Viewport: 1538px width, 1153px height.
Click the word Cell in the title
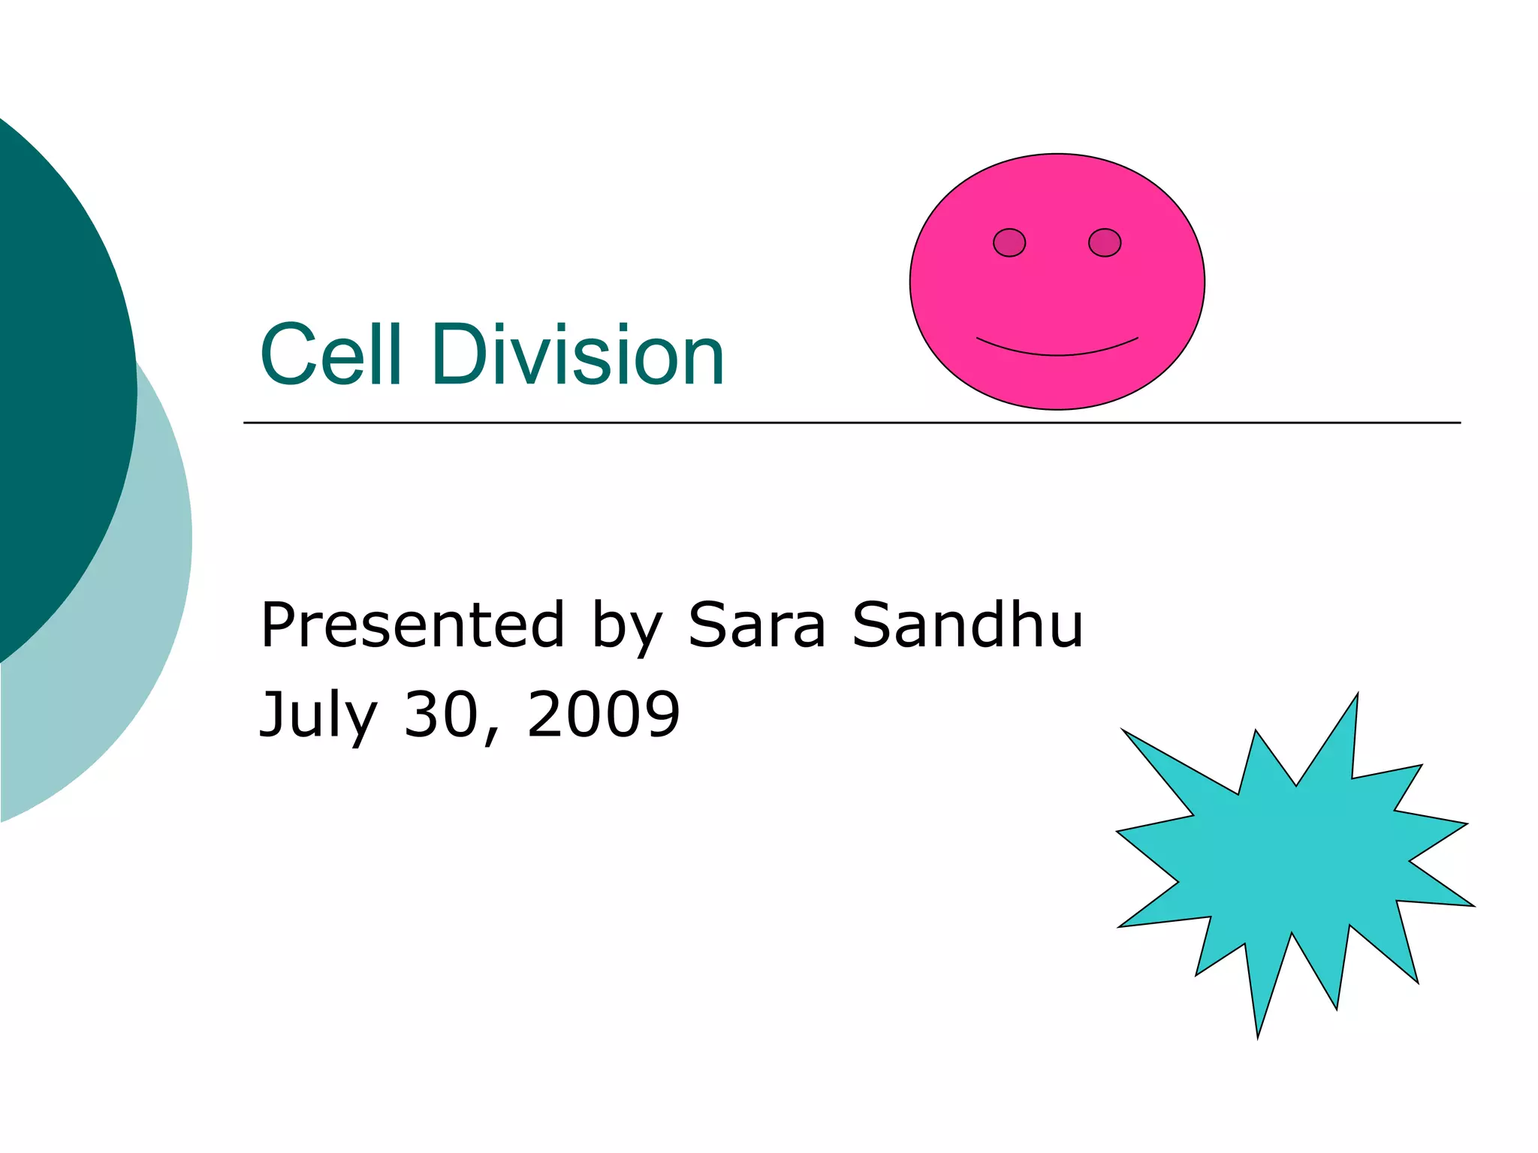(330, 354)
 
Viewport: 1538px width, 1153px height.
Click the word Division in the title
(578, 354)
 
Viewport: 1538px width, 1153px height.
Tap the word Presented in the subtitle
(412, 625)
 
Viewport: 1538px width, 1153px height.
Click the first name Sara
(756, 625)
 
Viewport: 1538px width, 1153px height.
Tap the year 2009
(604, 713)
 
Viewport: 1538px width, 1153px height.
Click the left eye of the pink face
(1009, 242)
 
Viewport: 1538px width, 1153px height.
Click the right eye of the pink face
(1104, 242)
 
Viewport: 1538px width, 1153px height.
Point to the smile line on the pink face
(1057, 353)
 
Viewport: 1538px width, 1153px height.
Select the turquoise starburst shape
(1292, 863)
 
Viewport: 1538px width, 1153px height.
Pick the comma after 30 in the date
(492, 737)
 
